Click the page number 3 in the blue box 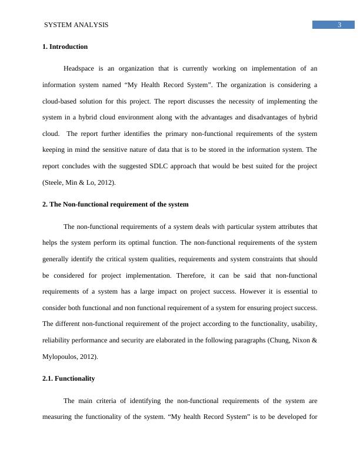(339, 25)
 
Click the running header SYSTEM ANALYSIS (76, 25)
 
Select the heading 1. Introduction (65, 46)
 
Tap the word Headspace (81, 68)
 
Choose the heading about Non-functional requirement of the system (115, 204)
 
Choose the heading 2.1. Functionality (68, 378)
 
